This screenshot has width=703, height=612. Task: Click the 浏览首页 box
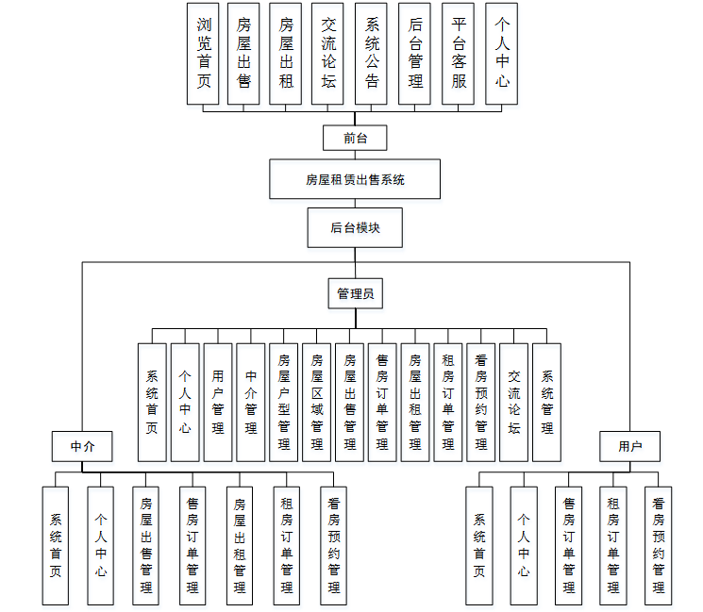click(205, 53)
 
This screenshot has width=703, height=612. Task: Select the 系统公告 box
click(372, 53)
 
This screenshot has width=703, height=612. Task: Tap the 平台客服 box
click(459, 53)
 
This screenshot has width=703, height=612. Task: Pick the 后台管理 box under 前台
click(415, 53)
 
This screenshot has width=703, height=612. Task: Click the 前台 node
click(355, 138)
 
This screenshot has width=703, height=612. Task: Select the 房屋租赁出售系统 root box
click(355, 179)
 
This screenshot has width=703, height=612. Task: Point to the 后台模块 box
click(355, 227)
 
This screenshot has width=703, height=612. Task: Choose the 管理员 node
click(355, 294)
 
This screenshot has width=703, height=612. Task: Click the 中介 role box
click(82, 446)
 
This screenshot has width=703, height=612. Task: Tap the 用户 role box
click(629, 446)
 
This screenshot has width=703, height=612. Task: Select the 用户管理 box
click(218, 402)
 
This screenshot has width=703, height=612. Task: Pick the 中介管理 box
click(251, 402)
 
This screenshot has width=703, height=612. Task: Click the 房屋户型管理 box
click(284, 402)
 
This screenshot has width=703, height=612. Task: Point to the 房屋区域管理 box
click(317, 402)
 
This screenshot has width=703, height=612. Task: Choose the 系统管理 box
click(547, 402)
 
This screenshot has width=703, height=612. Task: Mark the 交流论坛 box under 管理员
click(514, 402)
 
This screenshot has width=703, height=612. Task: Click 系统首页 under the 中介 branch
click(56, 545)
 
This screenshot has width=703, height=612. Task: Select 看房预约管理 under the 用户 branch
click(659, 545)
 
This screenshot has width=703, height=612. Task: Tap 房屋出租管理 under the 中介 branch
click(240, 545)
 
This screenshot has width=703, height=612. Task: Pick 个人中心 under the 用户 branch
click(524, 545)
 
